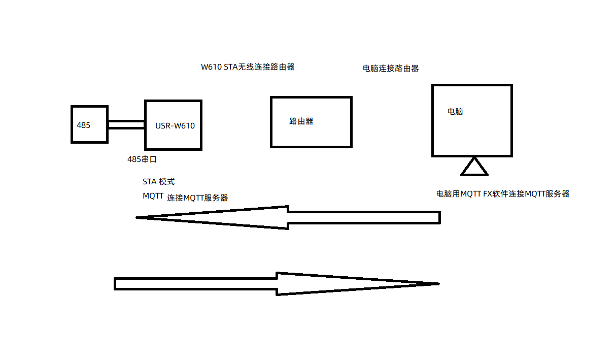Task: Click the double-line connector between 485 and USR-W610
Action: click(126, 125)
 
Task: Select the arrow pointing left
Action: click(304, 218)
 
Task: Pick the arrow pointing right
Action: click(254, 283)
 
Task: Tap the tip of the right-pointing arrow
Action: click(437, 283)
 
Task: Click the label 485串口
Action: click(142, 159)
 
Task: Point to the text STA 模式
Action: click(159, 182)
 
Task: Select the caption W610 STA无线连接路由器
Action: click(248, 67)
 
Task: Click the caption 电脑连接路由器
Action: click(391, 69)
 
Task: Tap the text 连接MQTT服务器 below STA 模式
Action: click(198, 198)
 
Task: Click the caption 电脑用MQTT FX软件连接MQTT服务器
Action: click(503, 193)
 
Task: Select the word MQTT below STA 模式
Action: click(153, 196)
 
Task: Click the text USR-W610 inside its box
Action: click(175, 126)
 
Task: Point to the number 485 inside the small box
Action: click(84, 125)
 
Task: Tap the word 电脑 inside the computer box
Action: click(455, 112)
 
